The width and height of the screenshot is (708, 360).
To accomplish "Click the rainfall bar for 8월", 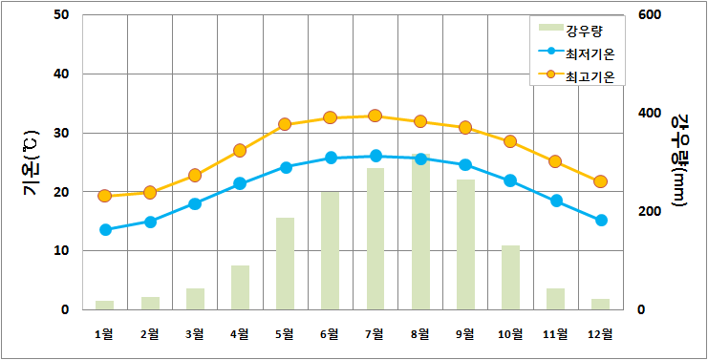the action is click(420, 232).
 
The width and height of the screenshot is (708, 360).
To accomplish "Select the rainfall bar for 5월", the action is click(285, 264).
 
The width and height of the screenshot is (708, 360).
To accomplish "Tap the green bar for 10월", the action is click(510, 278).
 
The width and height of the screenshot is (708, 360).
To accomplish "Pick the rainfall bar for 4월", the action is click(240, 287).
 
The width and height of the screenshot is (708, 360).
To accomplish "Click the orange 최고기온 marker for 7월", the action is click(375, 116).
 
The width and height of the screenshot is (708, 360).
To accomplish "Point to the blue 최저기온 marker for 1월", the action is click(105, 229).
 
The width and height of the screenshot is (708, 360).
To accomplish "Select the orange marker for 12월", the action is click(601, 181).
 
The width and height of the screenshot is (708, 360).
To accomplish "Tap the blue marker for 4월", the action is click(240, 183).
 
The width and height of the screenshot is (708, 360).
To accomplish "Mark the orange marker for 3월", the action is click(195, 176).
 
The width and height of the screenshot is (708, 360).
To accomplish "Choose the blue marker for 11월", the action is click(556, 201).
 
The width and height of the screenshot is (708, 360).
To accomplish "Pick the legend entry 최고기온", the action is click(575, 76).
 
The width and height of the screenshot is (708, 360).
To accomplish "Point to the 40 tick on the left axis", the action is click(61, 74).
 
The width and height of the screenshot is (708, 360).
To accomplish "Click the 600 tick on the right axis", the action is click(650, 15).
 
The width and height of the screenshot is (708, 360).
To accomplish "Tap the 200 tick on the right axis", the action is click(650, 212).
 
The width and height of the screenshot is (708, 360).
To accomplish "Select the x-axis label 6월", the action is click(330, 334).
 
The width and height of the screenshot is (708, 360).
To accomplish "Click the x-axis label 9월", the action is click(465, 334).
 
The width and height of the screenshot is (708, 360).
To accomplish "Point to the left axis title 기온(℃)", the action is click(32, 162).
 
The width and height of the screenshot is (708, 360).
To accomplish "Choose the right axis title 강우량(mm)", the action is click(678, 160).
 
